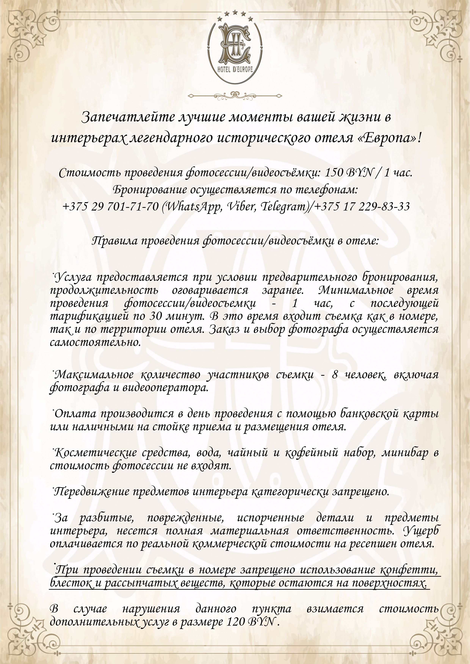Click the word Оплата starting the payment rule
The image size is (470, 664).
point(75,414)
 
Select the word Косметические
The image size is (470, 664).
point(95,453)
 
